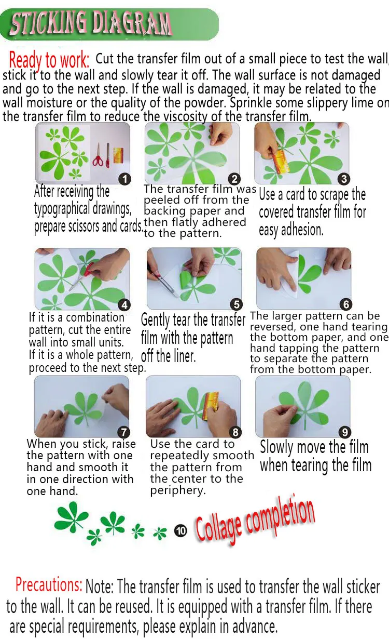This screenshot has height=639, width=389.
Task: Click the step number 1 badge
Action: [x=124, y=179]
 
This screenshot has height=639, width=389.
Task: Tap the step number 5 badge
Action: [x=237, y=304]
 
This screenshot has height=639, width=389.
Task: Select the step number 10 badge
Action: [x=180, y=531]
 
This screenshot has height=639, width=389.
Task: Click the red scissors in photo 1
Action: [x=98, y=156]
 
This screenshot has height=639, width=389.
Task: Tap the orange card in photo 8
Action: [x=211, y=406]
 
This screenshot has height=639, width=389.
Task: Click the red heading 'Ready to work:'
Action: [x=49, y=60]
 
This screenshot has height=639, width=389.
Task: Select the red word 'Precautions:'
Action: [x=49, y=584]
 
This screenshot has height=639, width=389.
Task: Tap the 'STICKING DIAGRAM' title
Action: [x=91, y=24]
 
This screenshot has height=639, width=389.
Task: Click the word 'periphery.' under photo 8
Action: [x=178, y=490]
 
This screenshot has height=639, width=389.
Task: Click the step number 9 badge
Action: [x=344, y=432]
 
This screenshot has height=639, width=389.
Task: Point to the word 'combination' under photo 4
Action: [x=95, y=317]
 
